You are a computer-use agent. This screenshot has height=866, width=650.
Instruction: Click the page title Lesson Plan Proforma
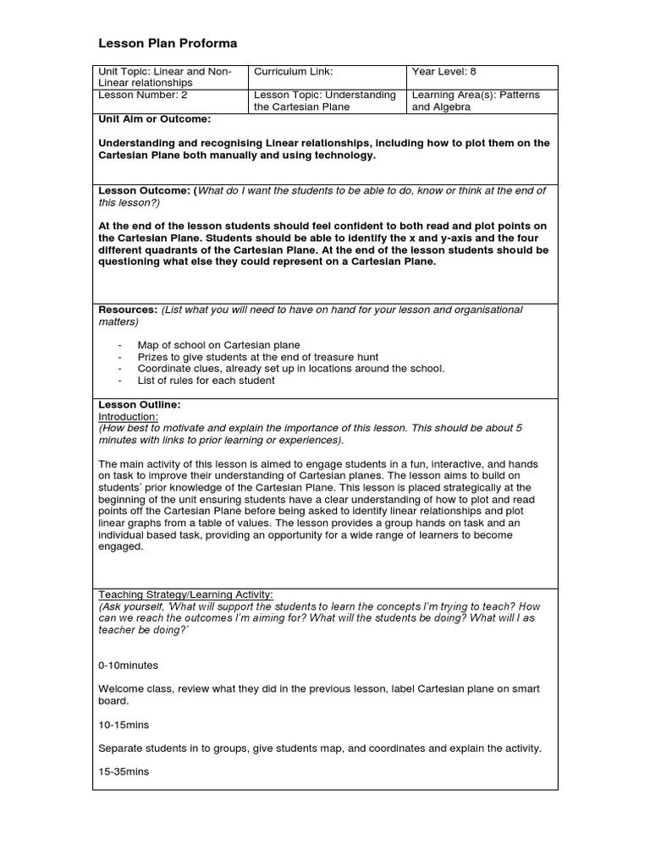point(168,44)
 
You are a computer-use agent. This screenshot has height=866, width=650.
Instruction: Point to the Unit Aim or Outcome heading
point(155,119)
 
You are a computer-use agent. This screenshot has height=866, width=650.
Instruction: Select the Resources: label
point(128,310)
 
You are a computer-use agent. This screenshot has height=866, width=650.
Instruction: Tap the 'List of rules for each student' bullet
point(206,381)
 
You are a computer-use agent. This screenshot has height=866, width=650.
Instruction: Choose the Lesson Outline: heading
point(140,405)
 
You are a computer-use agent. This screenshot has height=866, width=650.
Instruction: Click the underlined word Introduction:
point(128,417)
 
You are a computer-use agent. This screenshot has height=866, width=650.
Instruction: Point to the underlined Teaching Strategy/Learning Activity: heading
point(185,595)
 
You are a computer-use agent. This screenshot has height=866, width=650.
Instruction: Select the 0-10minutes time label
point(128,666)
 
